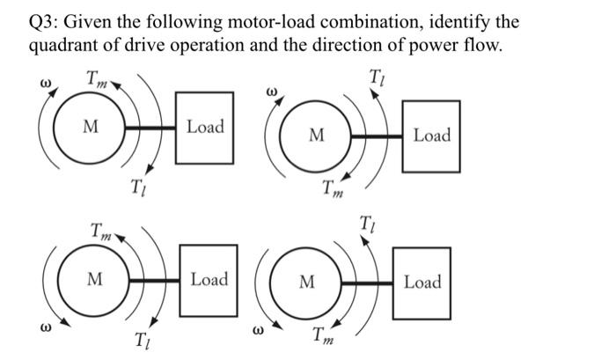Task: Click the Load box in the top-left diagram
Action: point(205,128)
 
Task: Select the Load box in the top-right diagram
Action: point(431,136)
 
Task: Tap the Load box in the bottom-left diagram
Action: point(209,280)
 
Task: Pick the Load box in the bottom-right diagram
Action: point(422,283)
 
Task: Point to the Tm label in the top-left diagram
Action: point(99,80)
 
